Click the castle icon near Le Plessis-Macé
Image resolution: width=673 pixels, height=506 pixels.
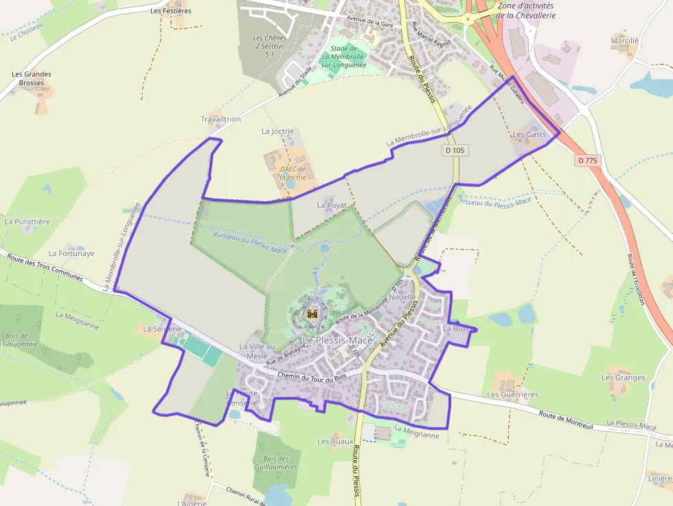(x=312, y=315)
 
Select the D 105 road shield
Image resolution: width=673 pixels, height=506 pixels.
(x=455, y=150)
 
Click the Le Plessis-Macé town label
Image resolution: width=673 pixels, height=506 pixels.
(x=337, y=341)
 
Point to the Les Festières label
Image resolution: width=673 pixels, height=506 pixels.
(x=171, y=11)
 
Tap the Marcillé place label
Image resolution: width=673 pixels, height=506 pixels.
(x=624, y=41)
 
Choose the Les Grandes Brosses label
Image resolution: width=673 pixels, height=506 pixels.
(x=32, y=78)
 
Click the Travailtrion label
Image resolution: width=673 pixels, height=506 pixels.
(x=220, y=119)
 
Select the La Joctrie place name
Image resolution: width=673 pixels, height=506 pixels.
(x=277, y=130)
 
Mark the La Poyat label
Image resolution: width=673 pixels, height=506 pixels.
(x=332, y=205)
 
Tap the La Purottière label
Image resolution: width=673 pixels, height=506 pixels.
(x=27, y=222)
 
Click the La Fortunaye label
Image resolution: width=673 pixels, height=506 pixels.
(x=71, y=253)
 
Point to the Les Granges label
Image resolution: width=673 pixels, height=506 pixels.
(x=623, y=378)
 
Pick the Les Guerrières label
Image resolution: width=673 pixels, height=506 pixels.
(x=512, y=395)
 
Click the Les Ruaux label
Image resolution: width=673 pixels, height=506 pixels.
(x=335, y=441)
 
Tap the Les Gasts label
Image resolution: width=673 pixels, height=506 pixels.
(x=529, y=135)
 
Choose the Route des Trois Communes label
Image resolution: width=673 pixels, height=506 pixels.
(x=45, y=268)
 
